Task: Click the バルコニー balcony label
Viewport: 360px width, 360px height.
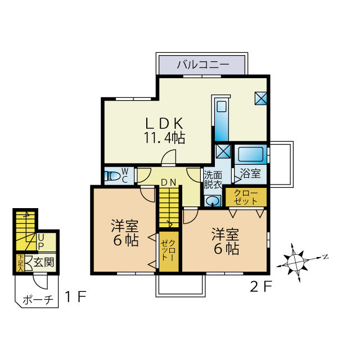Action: tap(203, 64)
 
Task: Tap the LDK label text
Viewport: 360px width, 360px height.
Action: tap(164, 123)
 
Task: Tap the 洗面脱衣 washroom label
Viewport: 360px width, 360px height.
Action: tap(213, 179)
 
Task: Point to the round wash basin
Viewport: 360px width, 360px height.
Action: tap(213, 201)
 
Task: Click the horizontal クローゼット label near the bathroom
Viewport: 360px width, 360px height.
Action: tap(245, 197)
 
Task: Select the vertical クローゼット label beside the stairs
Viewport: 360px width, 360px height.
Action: tap(168, 250)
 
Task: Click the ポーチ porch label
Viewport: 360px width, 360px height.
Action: tap(37, 300)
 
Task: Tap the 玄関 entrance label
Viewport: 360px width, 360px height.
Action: tap(43, 262)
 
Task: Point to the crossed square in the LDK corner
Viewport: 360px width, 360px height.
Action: tap(261, 98)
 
